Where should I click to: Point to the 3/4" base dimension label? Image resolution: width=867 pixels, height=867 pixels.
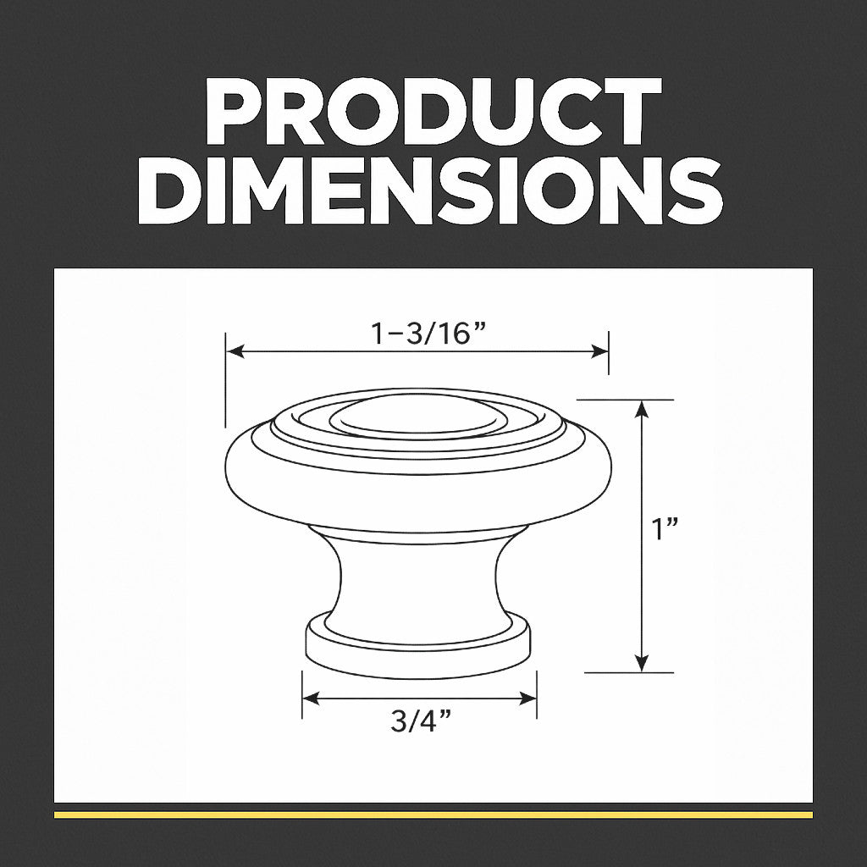(x=420, y=723)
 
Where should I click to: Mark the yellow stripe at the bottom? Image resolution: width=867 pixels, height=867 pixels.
(x=433, y=815)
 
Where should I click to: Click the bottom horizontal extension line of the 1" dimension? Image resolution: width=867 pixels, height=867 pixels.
(x=629, y=673)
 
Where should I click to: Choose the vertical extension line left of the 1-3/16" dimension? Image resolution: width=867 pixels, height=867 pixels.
(x=226, y=381)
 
